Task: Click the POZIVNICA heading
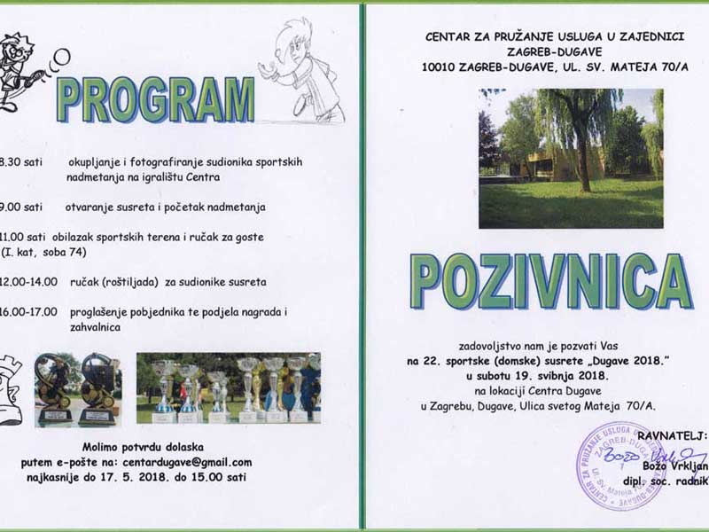tap(550, 281)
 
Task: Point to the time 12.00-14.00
tap(29, 281)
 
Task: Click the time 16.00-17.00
tap(29, 311)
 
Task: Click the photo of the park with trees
tap(571, 159)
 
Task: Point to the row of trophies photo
tap(228, 387)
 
